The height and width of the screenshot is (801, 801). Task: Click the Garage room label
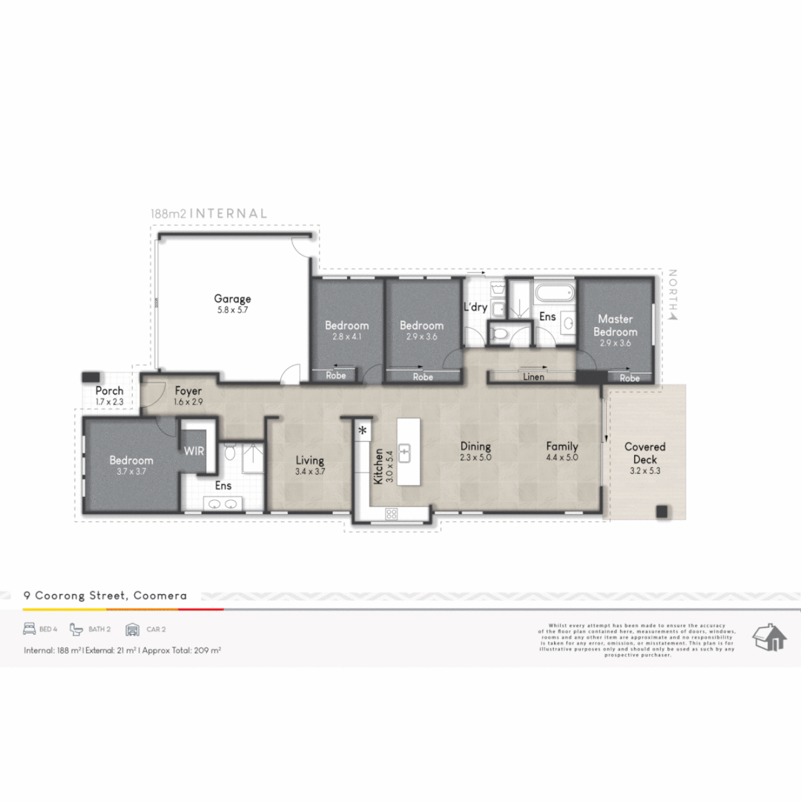pyautogui.click(x=233, y=299)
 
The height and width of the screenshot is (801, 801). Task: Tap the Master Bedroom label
pyautogui.click(x=615, y=326)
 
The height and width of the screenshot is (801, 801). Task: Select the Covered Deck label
pyautogui.click(x=645, y=452)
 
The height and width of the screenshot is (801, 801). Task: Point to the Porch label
pyautogui.click(x=109, y=391)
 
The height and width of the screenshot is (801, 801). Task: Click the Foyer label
pyautogui.click(x=188, y=390)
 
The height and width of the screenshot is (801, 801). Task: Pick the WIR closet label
pyautogui.click(x=194, y=450)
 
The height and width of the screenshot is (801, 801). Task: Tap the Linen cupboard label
pyautogui.click(x=533, y=378)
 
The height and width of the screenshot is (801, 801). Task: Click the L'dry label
pyautogui.click(x=475, y=307)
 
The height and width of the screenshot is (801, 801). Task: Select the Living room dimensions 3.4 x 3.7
pyautogui.click(x=309, y=472)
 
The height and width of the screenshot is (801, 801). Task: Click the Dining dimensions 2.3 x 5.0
pyautogui.click(x=475, y=458)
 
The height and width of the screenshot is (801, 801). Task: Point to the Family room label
pyautogui.click(x=562, y=446)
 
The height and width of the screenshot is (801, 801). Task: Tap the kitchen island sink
pyautogui.click(x=406, y=452)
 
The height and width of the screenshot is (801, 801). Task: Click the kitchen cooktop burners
pyautogui.click(x=391, y=513)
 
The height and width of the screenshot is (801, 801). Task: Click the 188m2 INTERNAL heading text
pyautogui.click(x=208, y=214)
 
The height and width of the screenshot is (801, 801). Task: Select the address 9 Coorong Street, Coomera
pyautogui.click(x=105, y=595)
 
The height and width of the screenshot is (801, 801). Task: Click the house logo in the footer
pyautogui.click(x=769, y=637)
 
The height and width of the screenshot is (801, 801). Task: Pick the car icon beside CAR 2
pyautogui.click(x=133, y=630)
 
